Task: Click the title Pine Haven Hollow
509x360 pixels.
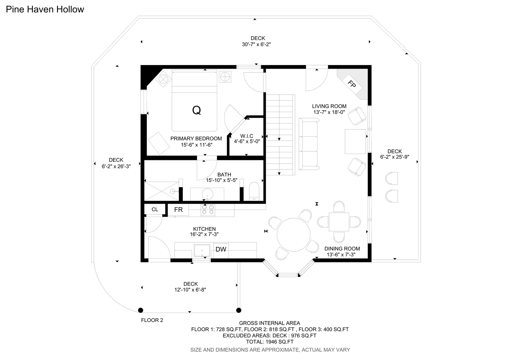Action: point(45,9)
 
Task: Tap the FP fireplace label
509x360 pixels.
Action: point(351,84)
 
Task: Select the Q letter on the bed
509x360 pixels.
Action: point(196,110)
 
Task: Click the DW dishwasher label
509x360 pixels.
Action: point(221,249)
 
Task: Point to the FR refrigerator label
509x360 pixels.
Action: point(178,210)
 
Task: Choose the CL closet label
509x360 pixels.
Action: point(155,209)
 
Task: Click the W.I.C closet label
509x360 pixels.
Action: point(247,136)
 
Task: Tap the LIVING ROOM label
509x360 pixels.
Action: point(329,106)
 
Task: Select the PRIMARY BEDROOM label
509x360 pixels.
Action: point(196,138)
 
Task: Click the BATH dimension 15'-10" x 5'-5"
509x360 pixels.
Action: point(222,180)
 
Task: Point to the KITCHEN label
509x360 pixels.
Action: point(204,229)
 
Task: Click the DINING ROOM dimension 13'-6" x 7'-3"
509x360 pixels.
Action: point(341,255)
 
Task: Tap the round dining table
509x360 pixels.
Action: point(293,235)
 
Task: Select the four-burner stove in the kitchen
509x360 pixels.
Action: point(208,210)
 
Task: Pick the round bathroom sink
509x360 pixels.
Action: point(207,194)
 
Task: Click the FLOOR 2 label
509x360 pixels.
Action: point(152,320)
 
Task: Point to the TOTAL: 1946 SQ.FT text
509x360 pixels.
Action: point(270,342)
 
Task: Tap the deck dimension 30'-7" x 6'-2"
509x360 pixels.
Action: point(256,44)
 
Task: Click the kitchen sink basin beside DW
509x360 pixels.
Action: point(202,251)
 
